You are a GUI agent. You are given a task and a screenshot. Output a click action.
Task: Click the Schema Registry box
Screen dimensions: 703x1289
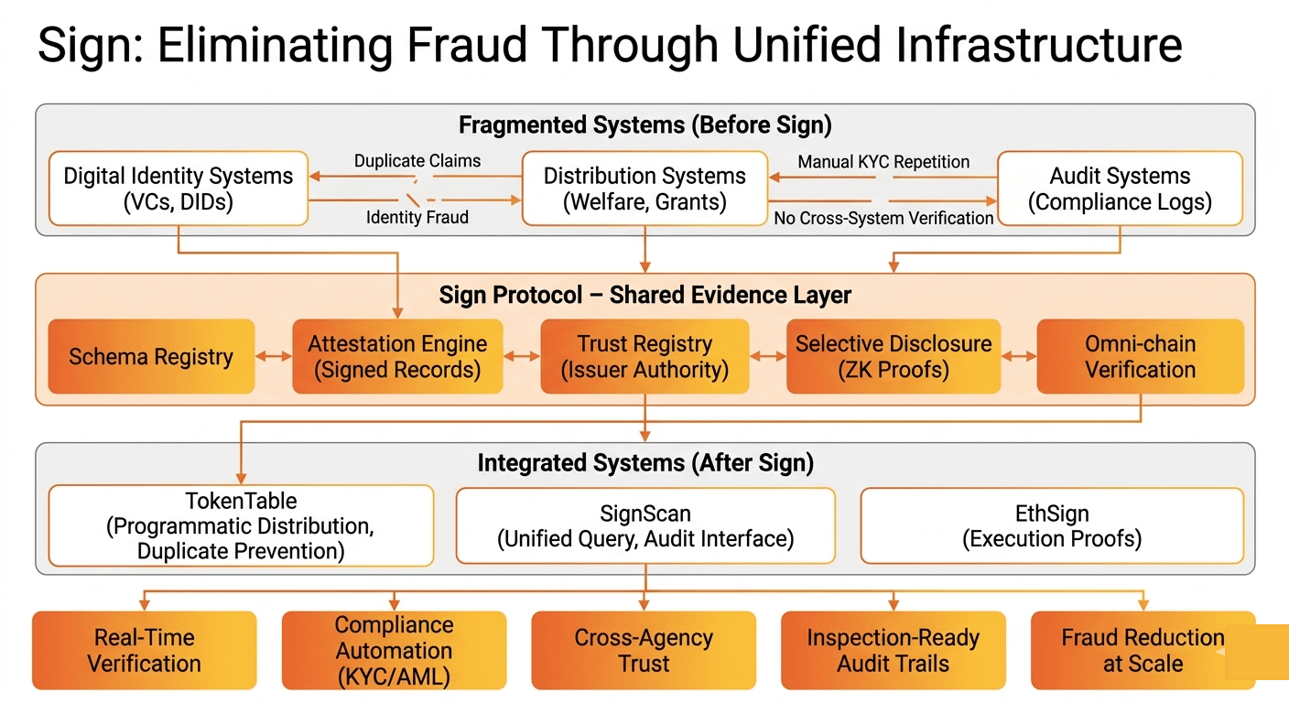[x=151, y=356]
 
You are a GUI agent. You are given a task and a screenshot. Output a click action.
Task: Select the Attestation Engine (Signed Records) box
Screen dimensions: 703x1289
[x=397, y=356]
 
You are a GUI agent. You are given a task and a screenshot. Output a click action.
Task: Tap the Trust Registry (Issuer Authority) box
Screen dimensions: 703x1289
[x=644, y=356]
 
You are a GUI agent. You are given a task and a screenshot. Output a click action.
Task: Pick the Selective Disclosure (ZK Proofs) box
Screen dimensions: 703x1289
[x=894, y=356]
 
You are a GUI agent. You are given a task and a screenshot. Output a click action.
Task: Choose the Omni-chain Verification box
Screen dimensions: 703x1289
[x=1140, y=356]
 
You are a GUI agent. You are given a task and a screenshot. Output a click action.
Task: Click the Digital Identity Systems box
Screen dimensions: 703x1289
[x=179, y=189]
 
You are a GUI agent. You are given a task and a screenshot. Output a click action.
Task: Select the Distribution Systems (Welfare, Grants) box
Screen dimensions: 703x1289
[x=644, y=189]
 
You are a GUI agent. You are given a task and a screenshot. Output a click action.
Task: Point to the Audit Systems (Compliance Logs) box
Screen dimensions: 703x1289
[x=1120, y=189]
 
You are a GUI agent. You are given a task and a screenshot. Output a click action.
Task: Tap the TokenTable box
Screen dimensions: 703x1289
[x=241, y=526]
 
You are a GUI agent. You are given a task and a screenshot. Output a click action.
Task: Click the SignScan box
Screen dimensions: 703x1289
[x=645, y=526]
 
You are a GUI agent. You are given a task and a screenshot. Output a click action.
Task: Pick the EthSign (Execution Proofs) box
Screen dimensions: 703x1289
[x=1052, y=526]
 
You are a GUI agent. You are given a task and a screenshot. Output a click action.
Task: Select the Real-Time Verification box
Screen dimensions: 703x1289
[x=145, y=650]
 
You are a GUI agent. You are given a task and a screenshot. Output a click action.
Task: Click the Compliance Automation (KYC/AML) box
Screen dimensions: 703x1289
[x=394, y=650]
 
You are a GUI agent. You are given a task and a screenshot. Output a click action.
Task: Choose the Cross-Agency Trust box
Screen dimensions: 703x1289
[x=644, y=650]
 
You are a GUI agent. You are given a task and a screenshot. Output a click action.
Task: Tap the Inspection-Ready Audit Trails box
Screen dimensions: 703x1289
[x=893, y=650]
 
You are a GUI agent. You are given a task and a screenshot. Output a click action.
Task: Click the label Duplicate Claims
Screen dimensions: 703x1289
[x=417, y=161]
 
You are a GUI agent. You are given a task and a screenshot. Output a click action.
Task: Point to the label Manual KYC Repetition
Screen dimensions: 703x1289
[x=883, y=162]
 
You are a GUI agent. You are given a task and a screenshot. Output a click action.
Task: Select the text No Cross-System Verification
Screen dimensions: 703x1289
[x=883, y=218]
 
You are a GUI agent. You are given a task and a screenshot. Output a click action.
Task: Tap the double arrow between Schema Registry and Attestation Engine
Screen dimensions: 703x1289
[x=274, y=356]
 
